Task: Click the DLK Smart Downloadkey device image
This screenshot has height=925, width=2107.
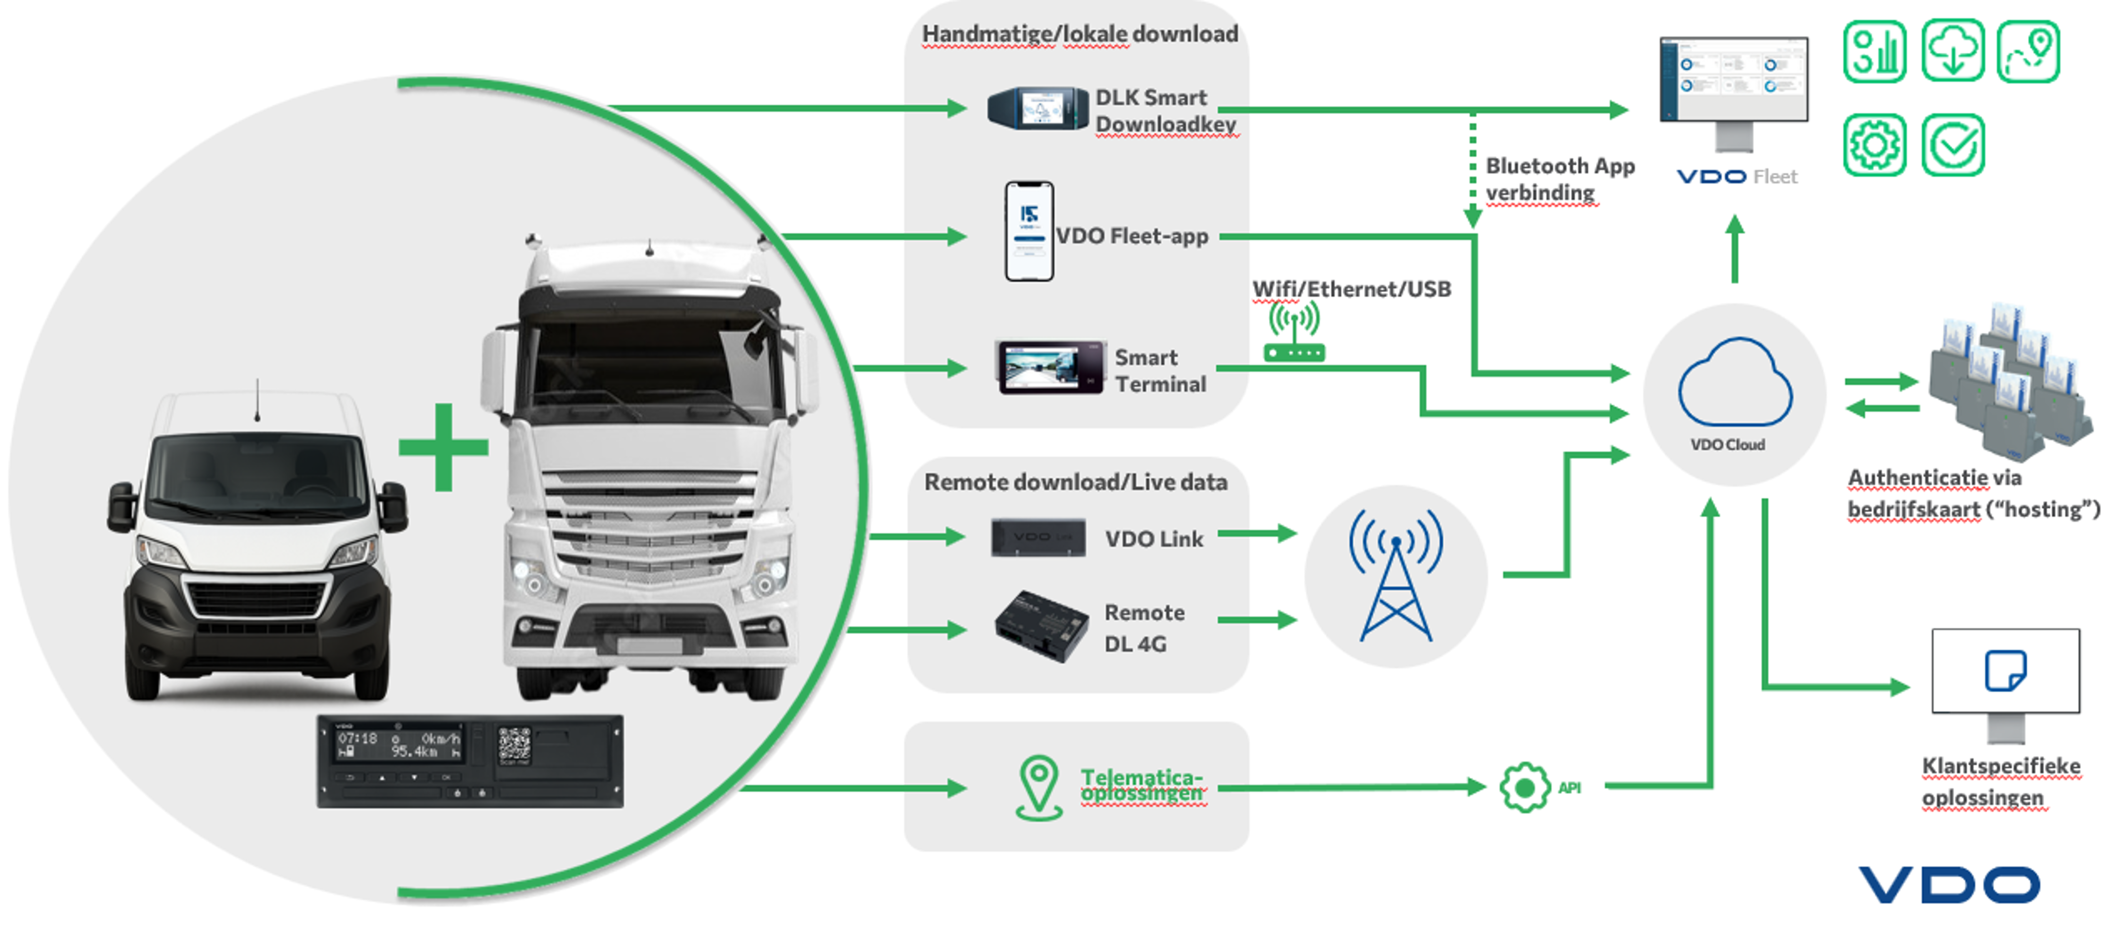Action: click(1037, 109)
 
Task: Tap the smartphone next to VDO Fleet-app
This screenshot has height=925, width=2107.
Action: click(1028, 231)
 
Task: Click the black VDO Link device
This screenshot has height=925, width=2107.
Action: click(1038, 537)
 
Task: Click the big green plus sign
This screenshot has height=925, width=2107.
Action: click(444, 447)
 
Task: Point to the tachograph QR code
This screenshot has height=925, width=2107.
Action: click(514, 744)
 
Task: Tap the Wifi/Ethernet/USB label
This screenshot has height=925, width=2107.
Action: click(1351, 289)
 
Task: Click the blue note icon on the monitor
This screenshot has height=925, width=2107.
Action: click(2005, 671)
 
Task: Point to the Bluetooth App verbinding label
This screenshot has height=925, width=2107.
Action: click(1559, 179)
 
